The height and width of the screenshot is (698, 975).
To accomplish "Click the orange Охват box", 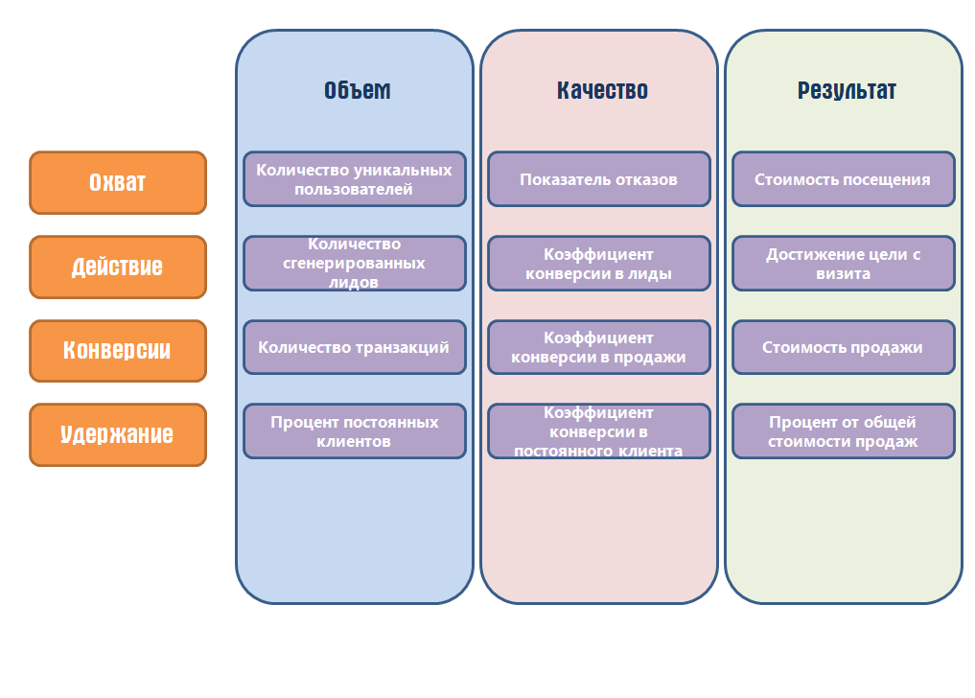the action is point(118,182).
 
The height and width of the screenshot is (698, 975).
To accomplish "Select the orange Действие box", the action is point(118,267).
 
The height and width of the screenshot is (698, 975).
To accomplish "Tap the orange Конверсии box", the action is point(118,351).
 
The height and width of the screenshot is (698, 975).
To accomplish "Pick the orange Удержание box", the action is point(118,435).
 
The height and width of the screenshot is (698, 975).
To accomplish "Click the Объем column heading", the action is point(357,91).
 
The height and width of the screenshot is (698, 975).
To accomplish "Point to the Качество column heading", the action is point(602,91).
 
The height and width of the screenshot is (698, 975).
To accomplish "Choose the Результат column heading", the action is point(847,91).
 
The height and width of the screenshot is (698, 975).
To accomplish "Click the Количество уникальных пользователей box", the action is point(355,178).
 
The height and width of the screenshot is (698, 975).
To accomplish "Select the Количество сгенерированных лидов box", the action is point(355,263).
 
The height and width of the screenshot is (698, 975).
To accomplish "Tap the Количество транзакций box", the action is point(355,347).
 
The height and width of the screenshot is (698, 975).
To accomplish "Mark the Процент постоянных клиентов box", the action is point(355,431).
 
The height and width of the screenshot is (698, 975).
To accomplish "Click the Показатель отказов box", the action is point(599,178).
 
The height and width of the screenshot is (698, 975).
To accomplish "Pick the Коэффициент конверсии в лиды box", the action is point(599,263).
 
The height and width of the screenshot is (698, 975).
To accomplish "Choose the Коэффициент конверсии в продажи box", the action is point(599,347).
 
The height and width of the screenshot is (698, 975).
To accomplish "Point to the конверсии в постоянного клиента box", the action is point(599,431).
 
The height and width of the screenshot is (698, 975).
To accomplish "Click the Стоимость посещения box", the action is point(843,178).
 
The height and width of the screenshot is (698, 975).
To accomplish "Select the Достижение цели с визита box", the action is point(843,263).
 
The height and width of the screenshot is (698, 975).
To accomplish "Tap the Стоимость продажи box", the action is point(843,347).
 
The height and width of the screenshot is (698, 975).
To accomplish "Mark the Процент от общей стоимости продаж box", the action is point(843,431).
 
